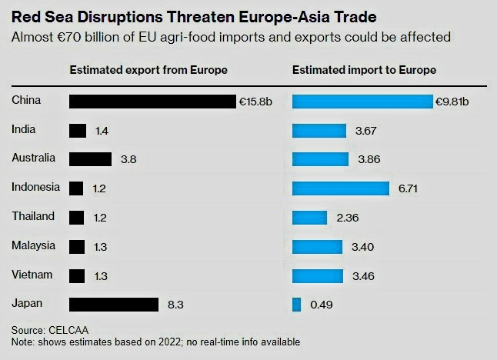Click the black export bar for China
click(x=152, y=102)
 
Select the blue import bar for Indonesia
click(x=341, y=188)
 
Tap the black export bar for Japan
click(x=113, y=305)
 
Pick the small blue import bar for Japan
click(x=296, y=305)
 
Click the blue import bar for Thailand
click(x=309, y=218)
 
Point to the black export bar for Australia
click(x=90, y=159)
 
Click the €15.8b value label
click(x=254, y=102)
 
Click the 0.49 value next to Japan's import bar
click(x=321, y=305)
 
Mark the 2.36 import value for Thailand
click(x=348, y=218)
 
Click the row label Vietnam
click(x=32, y=275)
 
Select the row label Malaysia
click(x=33, y=245)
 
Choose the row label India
click(x=24, y=130)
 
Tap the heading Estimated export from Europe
click(x=148, y=70)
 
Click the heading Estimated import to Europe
click(x=364, y=70)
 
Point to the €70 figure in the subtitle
click(x=67, y=37)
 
